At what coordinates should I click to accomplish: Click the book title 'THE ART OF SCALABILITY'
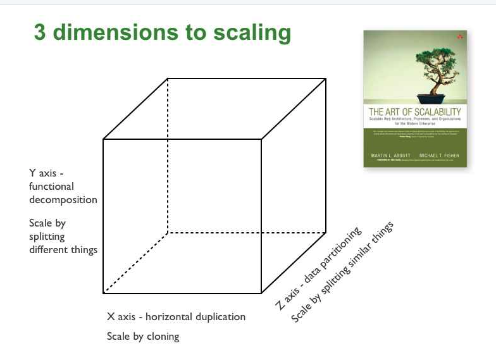(x=414, y=112)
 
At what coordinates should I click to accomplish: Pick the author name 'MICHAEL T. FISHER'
(x=439, y=155)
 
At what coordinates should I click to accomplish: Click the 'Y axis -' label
(x=47, y=173)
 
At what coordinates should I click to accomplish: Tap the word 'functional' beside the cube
(x=51, y=186)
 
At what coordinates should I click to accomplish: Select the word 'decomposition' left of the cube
(x=63, y=199)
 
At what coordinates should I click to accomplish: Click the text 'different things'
(x=63, y=249)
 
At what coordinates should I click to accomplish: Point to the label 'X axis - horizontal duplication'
(x=176, y=316)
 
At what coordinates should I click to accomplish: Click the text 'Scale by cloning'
(x=143, y=336)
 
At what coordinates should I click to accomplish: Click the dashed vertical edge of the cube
(x=168, y=158)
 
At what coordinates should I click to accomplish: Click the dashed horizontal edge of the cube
(x=247, y=233)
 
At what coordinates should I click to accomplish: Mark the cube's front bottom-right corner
(x=261, y=293)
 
